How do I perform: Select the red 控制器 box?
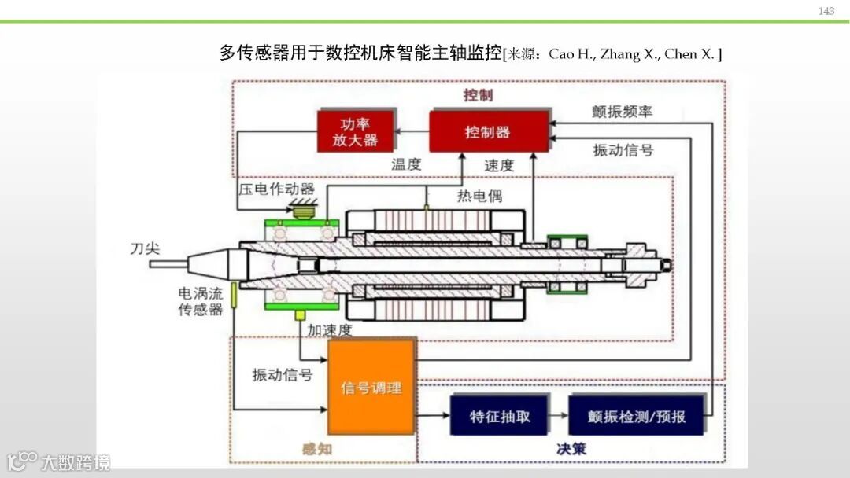click(x=489, y=132)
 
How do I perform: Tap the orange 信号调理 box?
click(x=371, y=388)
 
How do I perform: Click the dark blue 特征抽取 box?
click(x=500, y=417)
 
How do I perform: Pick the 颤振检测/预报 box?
click(x=636, y=417)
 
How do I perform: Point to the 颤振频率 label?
click(x=623, y=112)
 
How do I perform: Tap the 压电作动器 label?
click(x=277, y=189)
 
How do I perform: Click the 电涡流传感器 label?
click(x=201, y=301)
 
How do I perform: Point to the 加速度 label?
click(x=330, y=329)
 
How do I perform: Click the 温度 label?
click(x=407, y=164)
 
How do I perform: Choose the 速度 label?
click(x=499, y=165)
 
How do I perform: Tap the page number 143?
click(x=826, y=11)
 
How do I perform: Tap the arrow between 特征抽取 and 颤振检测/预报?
click(x=558, y=417)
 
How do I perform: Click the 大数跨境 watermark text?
click(x=76, y=461)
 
